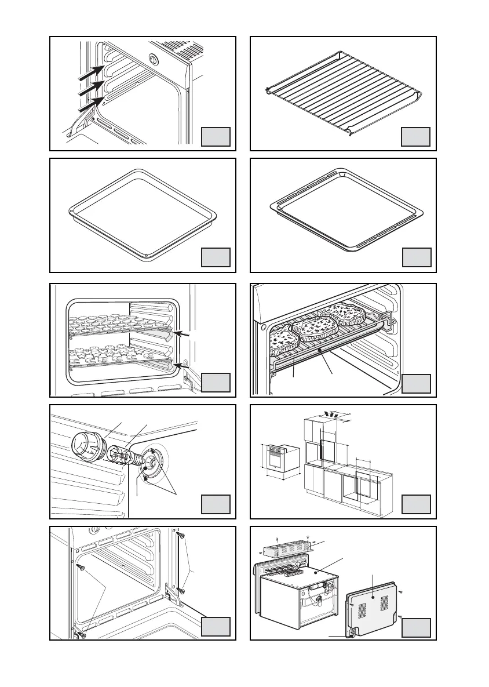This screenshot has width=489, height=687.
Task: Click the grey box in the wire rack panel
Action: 416,137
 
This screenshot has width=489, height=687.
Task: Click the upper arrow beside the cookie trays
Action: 185,335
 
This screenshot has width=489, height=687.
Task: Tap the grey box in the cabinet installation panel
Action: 416,504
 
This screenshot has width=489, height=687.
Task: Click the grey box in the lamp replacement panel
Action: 216,504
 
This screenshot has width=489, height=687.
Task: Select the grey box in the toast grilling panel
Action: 416,383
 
